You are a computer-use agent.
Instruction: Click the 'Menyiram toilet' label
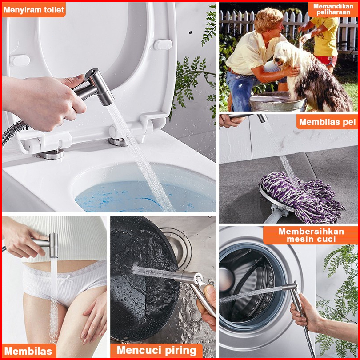(34, 10)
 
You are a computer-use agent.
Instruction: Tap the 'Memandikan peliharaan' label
(333, 9)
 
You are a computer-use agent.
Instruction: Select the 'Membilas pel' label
(327, 122)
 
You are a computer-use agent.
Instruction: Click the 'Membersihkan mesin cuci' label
(311, 235)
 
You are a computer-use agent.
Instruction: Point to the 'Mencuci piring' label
(156, 350)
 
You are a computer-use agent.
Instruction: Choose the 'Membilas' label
(29, 351)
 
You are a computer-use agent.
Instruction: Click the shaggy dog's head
(285, 55)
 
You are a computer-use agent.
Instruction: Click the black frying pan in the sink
(144, 276)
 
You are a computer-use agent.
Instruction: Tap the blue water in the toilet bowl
(128, 196)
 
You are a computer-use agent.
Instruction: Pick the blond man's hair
(268, 18)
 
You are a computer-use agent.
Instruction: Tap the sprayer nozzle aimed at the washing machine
(290, 287)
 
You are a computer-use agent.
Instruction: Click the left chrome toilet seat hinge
(52, 154)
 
